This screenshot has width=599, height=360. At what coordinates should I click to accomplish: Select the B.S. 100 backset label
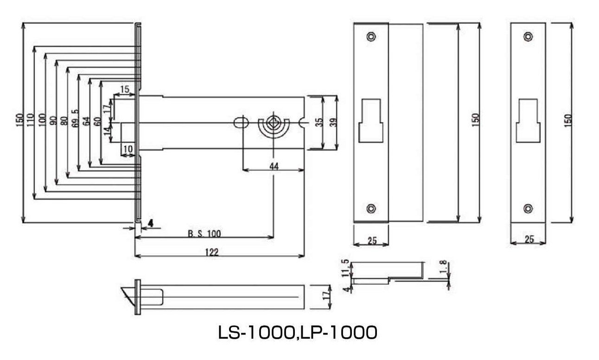click(204, 234)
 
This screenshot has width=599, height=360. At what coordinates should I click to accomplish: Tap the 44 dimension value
click(274, 166)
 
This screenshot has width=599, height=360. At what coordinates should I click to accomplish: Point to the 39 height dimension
click(333, 122)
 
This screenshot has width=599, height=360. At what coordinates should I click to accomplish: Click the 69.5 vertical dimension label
click(76, 120)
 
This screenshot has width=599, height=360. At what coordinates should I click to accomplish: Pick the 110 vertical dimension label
click(31, 120)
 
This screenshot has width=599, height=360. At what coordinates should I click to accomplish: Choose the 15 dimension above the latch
click(124, 88)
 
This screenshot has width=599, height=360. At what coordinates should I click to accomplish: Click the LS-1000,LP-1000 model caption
click(297, 333)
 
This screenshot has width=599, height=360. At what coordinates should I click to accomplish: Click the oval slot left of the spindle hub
click(240, 123)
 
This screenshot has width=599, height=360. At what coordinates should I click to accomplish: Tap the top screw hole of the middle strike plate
click(370, 37)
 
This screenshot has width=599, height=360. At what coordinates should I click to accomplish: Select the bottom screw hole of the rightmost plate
click(528, 208)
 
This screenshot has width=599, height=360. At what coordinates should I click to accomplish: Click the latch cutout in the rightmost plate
click(528, 120)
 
